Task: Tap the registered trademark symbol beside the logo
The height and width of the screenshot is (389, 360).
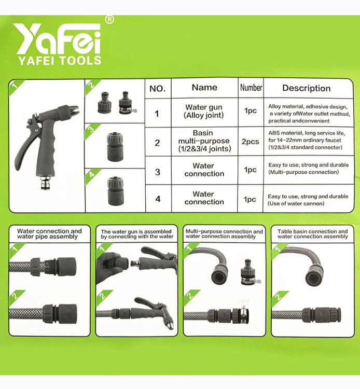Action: pyautogui.click(x=109, y=20)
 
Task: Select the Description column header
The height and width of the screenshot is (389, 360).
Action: pyautogui.click(x=307, y=88)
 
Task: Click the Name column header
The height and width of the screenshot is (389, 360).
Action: pyautogui.click(x=204, y=87)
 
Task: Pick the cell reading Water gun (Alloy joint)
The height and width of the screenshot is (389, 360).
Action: pyautogui.click(x=204, y=111)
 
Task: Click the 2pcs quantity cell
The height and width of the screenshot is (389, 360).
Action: pyautogui.click(x=250, y=142)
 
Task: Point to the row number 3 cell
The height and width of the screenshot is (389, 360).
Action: pyautogui.click(x=158, y=172)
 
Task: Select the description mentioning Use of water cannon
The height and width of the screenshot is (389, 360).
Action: pyautogui.click(x=308, y=200)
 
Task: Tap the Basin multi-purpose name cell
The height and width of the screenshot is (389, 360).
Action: pyautogui.click(x=204, y=141)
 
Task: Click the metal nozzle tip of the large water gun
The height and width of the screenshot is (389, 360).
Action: pyautogui.click(x=74, y=109)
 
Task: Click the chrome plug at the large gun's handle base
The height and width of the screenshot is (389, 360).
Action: pyautogui.click(x=46, y=183)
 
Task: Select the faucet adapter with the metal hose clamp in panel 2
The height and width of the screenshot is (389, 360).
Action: pyautogui.click(x=127, y=103)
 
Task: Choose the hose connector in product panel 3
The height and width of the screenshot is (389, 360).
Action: pyautogui.click(x=115, y=147)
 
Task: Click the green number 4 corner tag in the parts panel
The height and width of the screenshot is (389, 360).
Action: pyautogui.click(x=92, y=176)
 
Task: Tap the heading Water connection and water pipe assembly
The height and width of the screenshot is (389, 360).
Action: pyautogui.click(x=49, y=234)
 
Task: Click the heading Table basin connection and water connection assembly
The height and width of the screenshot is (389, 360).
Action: pyautogui.click(x=313, y=234)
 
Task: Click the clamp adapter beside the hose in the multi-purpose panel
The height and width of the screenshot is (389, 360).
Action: pyautogui.click(x=250, y=272)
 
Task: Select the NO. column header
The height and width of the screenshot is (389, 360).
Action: pyautogui.click(x=158, y=88)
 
